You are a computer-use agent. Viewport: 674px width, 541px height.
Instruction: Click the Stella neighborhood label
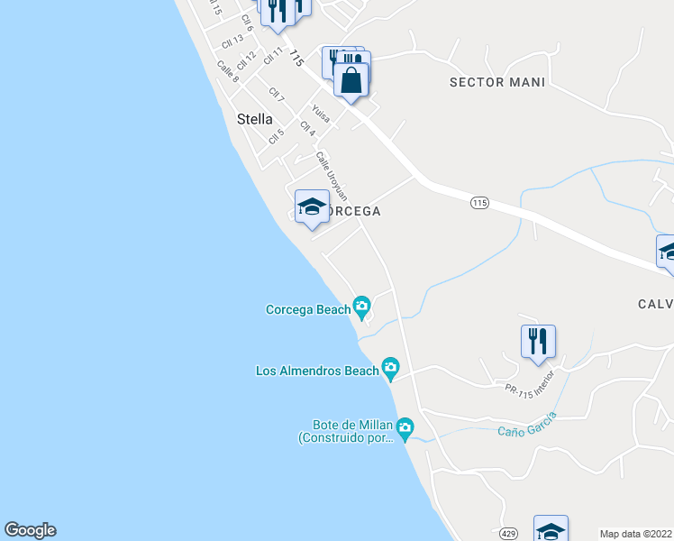point(254,118)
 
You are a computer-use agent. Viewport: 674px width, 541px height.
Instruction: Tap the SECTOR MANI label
point(497,82)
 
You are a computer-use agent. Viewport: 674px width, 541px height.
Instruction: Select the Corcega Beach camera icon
point(362,307)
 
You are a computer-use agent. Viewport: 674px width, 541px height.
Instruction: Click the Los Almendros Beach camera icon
point(390,366)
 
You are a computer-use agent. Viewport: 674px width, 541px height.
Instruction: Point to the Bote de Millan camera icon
point(405,426)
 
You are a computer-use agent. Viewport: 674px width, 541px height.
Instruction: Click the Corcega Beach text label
point(307,309)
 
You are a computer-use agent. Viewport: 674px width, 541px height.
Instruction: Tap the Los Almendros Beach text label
point(317,371)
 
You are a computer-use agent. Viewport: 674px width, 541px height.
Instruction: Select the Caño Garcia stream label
point(527,423)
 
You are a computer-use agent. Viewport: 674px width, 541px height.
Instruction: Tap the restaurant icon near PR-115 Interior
point(538,341)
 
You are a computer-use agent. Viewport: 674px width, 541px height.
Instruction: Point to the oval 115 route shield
point(478,204)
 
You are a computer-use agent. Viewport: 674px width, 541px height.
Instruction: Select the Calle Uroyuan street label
point(332,176)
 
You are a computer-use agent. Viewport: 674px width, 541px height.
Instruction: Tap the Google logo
point(30,530)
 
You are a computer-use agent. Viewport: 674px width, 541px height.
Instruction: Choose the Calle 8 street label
point(228,71)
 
